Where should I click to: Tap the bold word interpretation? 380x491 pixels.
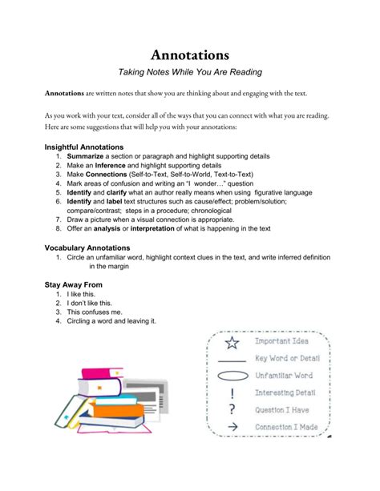point(164,228)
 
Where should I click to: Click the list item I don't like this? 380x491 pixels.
point(89,304)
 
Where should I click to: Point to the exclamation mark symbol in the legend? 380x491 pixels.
point(232,393)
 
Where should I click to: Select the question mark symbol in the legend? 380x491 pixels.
point(232,410)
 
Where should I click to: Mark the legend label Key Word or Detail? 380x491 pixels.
point(286,358)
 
